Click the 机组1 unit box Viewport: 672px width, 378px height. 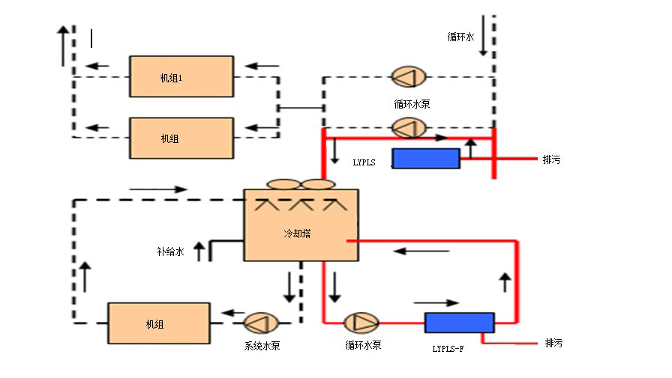click(181, 76)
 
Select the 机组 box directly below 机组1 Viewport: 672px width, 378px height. click(181, 138)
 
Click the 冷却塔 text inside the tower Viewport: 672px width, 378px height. click(297, 234)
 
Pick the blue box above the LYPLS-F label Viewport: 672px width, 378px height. click(459, 323)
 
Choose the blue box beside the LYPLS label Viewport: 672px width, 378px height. click(426, 159)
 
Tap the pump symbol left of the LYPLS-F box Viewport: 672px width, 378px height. click(361, 323)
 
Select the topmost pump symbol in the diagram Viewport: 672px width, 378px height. click(409, 76)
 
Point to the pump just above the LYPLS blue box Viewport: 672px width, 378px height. click(409, 128)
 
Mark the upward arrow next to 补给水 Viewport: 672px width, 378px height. click(199, 251)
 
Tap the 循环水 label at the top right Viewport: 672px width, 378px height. click(460, 36)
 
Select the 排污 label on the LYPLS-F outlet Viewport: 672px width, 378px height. click(553, 344)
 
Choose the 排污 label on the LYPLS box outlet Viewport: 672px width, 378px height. click(551, 159)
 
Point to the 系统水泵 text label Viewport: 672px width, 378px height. click(262, 346)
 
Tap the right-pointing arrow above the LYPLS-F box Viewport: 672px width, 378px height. click(442, 303)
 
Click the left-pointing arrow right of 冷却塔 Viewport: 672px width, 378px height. click(412, 251)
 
